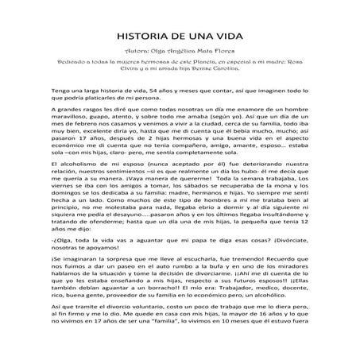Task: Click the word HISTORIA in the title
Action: pyautogui.click(x=142, y=37)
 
